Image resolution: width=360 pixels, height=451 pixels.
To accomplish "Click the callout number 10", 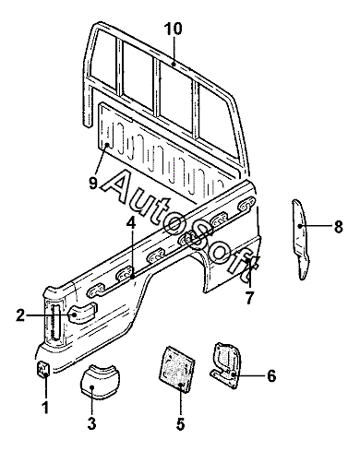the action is click(173, 29).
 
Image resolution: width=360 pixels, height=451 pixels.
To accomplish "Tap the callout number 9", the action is click(93, 184).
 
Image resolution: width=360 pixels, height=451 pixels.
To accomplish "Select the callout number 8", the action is click(338, 227).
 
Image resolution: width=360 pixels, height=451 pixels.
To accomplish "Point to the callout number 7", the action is click(249, 297).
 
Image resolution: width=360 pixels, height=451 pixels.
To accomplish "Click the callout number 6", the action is click(271, 375).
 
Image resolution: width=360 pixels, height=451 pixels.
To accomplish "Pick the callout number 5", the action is click(181, 423).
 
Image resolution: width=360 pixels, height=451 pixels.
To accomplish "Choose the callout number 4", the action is click(131, 223).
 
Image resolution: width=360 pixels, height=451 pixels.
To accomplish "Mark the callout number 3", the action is click(91, 423).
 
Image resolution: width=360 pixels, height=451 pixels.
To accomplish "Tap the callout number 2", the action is click(20, 315).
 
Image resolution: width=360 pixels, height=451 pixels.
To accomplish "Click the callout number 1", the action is click(45, 407).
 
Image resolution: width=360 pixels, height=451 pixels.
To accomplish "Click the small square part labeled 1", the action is click(43, 368).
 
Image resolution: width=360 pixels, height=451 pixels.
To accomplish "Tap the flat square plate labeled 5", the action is click(176, 368).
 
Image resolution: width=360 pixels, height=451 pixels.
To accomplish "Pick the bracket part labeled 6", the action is click(225, 365).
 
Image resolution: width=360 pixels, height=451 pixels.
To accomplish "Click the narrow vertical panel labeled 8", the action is click(300, 239).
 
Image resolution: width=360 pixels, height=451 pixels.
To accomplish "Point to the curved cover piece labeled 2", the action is click(82, 313).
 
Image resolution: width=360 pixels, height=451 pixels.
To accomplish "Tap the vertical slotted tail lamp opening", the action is click(55, 321).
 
